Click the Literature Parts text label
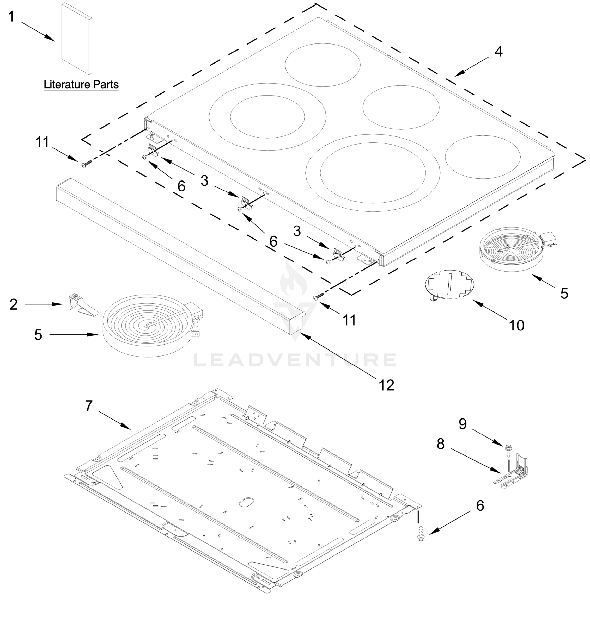[81, 84]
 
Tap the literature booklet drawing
[76, 39]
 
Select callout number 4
[498, 51]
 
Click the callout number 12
[386, 385]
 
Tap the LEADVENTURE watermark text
[295, 360]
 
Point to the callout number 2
[14, 304]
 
